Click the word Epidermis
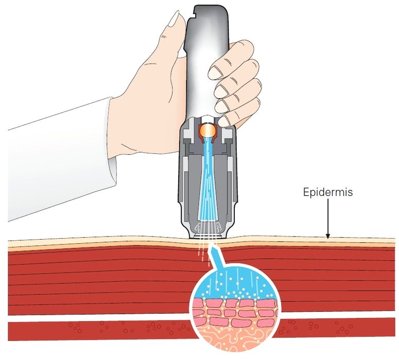[327, 193]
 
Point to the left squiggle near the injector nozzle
[197, 227]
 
